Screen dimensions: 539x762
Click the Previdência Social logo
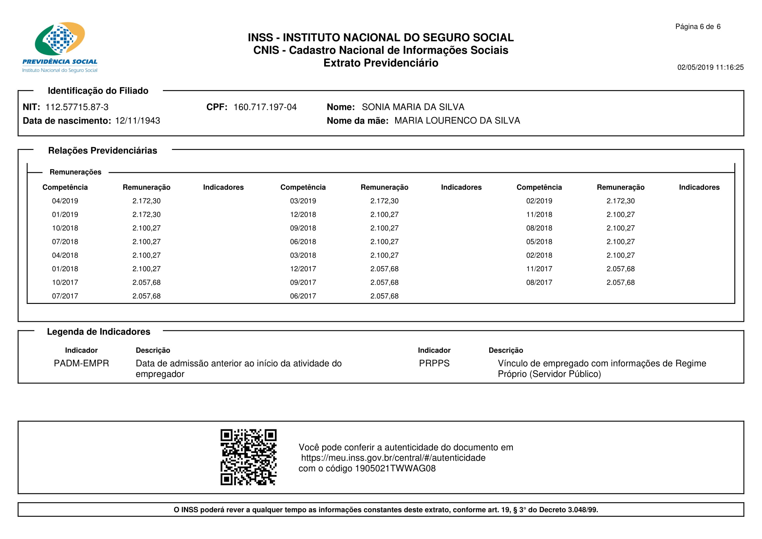60,47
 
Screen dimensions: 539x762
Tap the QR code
248,457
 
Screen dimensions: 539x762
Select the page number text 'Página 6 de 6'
697,26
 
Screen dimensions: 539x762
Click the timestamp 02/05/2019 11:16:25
710,67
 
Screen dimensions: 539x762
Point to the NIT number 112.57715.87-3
77,107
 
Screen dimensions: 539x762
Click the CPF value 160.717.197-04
265,107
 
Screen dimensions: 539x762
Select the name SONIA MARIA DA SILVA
413,107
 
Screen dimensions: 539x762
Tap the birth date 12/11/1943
137,121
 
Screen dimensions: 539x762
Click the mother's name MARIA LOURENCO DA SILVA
457,121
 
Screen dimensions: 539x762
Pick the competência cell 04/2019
65,201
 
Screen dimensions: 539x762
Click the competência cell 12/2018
303,215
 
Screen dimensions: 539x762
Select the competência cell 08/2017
539,283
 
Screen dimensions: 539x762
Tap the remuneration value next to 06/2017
384,296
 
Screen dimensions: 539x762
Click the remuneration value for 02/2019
620,201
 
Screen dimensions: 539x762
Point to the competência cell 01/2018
65,269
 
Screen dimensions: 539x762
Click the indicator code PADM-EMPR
81,363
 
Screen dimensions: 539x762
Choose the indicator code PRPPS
434,363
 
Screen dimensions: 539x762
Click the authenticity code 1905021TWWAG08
395,469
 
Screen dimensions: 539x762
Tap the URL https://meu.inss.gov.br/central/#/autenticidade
393,458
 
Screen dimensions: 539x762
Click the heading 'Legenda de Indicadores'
99,332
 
